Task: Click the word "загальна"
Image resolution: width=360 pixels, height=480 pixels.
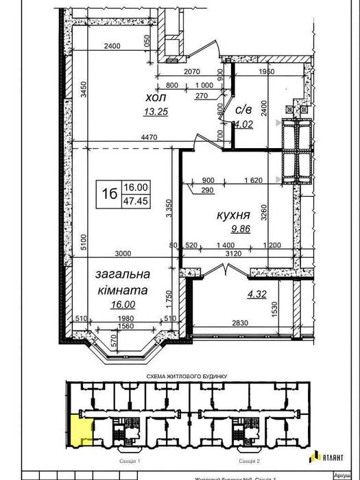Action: [x=123, y=274]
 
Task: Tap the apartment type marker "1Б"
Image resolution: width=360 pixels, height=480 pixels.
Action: [x=108, y=194]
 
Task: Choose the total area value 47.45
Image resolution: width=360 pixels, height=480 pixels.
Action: [x=136, y=201]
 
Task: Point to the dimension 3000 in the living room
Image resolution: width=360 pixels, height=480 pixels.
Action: [x=122, y=253]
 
